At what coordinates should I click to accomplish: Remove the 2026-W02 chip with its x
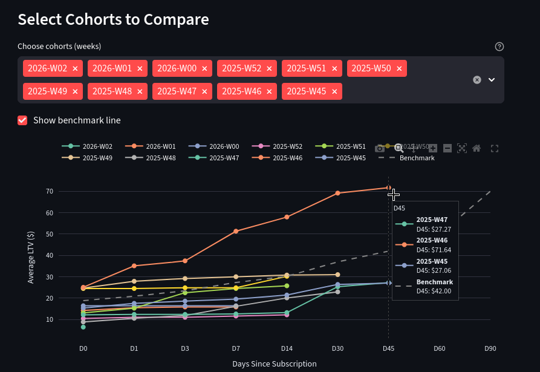[75, 69]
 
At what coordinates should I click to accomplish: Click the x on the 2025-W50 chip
[399, 69]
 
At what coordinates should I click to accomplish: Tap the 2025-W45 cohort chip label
[306, 91]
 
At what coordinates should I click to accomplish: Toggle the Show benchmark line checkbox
[22, 120]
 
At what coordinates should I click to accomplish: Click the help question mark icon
[499, 47]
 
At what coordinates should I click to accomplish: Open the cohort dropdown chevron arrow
[492, 80]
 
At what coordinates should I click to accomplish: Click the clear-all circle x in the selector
[477, 80]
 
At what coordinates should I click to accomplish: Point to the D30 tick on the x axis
[337, 348]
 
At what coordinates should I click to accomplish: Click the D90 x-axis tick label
[490, 348]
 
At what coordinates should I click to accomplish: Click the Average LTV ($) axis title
[31, 258]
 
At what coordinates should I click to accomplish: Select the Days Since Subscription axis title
[274, 364]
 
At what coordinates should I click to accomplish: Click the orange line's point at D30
[337, 193]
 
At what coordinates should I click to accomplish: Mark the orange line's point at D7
[236, 231]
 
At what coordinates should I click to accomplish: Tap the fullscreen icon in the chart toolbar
[495, 148]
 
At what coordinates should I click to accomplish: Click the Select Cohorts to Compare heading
[113, 19]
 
